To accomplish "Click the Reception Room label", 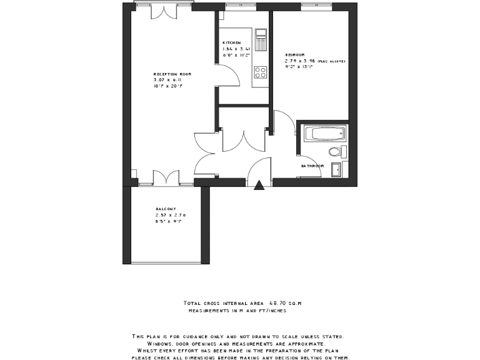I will tap(172, 74).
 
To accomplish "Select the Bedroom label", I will tap(295, 55).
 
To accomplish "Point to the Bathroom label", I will tap(312, 166).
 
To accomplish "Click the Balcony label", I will tap(166, 209).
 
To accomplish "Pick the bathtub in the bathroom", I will tap(322, 133).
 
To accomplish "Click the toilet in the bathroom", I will tap(336, 151).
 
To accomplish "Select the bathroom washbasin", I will tap(336, 169).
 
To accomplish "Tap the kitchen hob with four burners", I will tap(260, 72).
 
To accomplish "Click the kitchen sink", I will tap(261, 38).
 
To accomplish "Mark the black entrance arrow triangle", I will tap(260, 184).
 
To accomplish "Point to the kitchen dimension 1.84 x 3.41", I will tap(237, 49).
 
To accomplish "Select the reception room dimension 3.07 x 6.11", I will tap(167, 80).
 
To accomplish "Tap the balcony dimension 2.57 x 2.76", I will tap(171, 215).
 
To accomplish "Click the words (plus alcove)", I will tap(331, 61).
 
